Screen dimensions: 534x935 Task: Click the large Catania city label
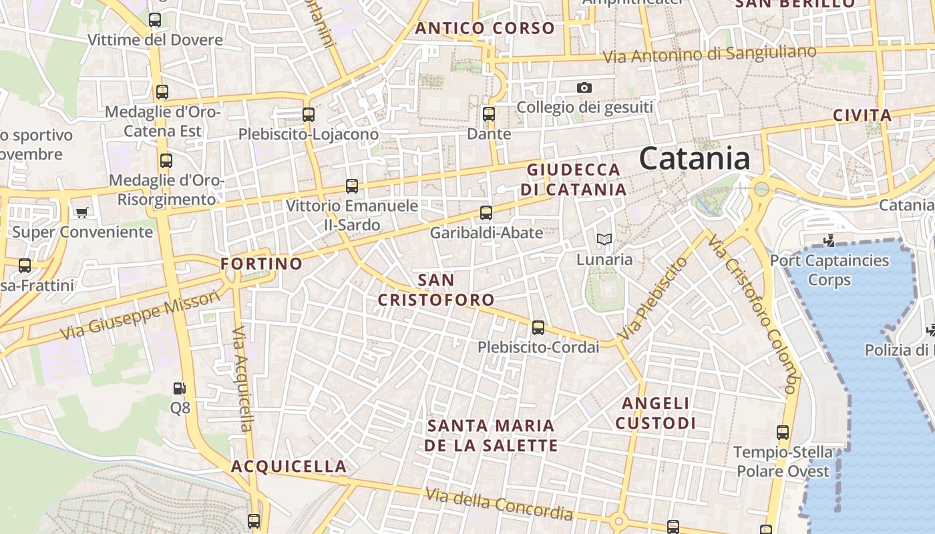point(695,159)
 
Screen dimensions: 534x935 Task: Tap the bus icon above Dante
point(489,114)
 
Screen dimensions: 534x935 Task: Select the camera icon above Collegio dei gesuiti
point(584,87)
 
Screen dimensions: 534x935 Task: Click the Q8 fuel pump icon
point(179,388)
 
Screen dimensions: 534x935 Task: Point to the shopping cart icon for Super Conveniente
point(82,212)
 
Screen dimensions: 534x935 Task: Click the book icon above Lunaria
point(604,239)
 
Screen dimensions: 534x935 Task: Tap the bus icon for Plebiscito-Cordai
point(538,328)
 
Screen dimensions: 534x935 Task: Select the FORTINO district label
point(262,264)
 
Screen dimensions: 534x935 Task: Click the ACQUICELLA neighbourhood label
point(289,466)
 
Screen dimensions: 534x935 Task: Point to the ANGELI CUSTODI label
point(655,413)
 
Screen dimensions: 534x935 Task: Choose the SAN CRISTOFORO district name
point(436,290)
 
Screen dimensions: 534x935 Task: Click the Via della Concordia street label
point(500,505)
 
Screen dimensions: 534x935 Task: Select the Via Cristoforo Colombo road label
point(752,314)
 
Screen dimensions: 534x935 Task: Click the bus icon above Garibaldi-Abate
point(486,213)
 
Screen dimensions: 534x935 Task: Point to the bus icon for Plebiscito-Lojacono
point(308,114)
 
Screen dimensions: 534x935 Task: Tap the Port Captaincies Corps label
point(829,270)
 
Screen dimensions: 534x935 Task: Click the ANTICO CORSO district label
point(485,28)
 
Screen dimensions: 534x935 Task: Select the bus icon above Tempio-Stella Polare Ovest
point(783,433)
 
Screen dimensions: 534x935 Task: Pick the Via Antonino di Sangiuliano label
point(709,54)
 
